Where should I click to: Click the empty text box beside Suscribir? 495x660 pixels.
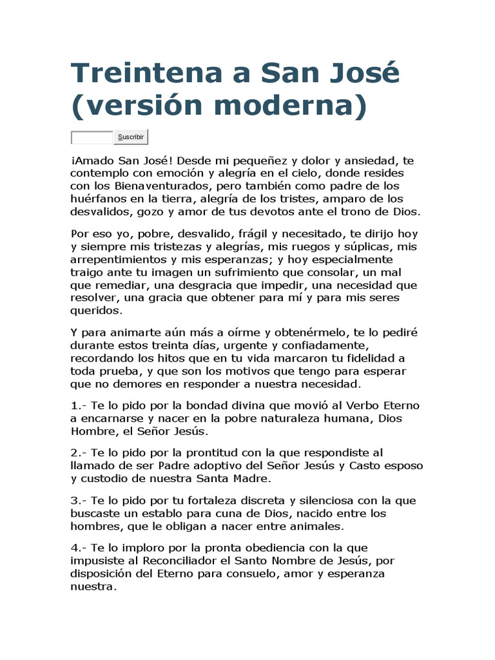click(x=92, y=137)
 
